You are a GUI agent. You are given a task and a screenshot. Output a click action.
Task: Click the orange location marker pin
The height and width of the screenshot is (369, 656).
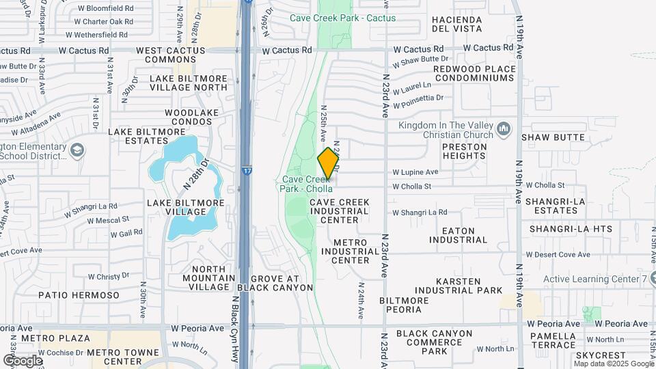[x=329, y=163]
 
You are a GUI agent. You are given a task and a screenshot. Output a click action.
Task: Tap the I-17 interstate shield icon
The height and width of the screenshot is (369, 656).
[x=245, y=167]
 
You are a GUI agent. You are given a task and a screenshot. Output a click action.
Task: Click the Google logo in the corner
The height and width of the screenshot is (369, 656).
[x=23, y=360]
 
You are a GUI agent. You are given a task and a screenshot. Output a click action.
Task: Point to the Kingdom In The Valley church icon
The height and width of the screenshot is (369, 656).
[x=504, y=128]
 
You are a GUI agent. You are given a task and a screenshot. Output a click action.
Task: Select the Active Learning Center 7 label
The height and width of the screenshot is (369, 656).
[x=595, y=279]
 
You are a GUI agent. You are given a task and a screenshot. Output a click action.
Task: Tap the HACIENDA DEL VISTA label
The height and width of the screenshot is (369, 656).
[x=457, y=24]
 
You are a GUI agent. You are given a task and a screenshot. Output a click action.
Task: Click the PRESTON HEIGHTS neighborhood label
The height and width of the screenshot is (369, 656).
[x=465, y=151]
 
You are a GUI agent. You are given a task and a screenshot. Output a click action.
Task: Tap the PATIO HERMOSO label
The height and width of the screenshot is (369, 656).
[x=79, y=295]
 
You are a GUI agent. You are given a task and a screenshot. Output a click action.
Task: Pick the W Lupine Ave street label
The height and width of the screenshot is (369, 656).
[x=415, y=172]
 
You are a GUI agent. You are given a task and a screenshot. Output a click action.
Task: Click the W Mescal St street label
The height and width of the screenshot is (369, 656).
[x=107, y=220]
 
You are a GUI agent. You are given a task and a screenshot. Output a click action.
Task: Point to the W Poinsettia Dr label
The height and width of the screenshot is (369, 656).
[x=418, y=98]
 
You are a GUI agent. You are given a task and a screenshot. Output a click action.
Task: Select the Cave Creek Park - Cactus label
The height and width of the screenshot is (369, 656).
[x=342, y=18]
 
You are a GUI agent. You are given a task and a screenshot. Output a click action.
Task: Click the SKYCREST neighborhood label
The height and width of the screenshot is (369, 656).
[x=601, y=356]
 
